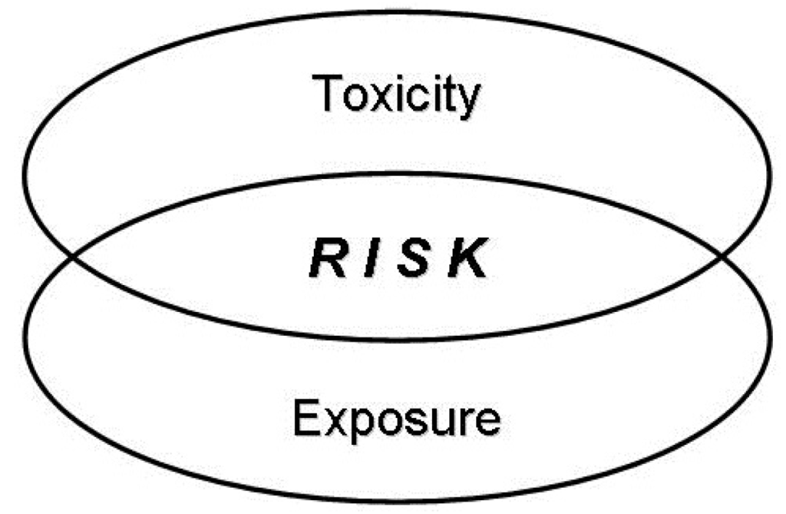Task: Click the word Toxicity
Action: [398, 95]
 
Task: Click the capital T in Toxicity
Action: [329, 93]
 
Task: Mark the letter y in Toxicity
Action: [466, 102]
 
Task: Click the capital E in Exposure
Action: [307, 419]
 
